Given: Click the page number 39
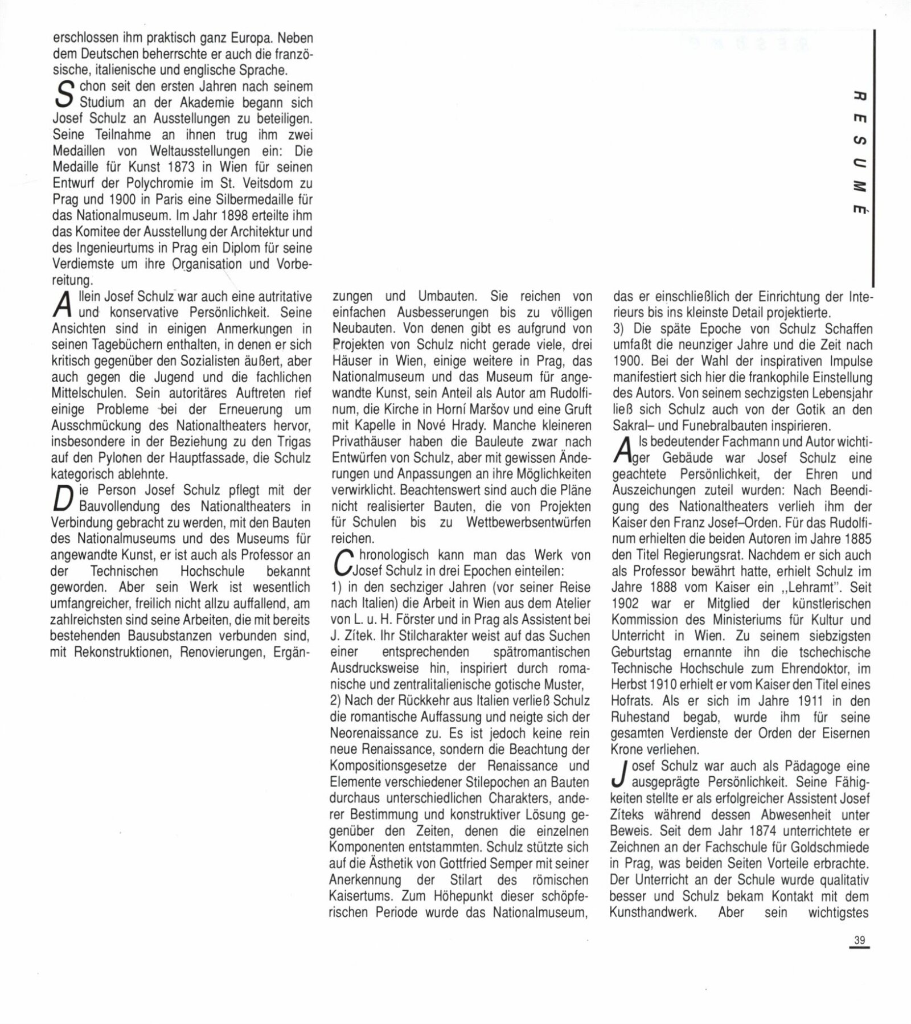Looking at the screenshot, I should point(859,940).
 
